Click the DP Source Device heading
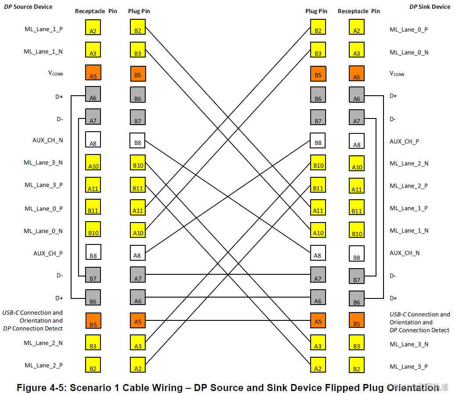[x=28, y=7]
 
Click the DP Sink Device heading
[x=430, y=7]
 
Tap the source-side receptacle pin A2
[x=93, y=28]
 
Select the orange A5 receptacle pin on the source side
[x=93, y=72]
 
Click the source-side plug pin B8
[x=137, y=140]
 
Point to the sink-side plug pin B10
[x=318, y=163]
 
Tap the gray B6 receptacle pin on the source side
[x=93, y=298]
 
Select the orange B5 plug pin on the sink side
[x=318, y=72]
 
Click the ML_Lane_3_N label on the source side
[x=43, y=162]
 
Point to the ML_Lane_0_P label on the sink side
[x=409, y=29]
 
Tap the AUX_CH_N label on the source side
[x=48, y=140]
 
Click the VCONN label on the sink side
[x=397, y=74]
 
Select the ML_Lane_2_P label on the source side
[x=43, y=365]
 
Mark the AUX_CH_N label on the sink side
[x=405, y=253]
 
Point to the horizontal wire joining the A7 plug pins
[x=228, y=275]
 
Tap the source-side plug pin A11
[x=137, y=208]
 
